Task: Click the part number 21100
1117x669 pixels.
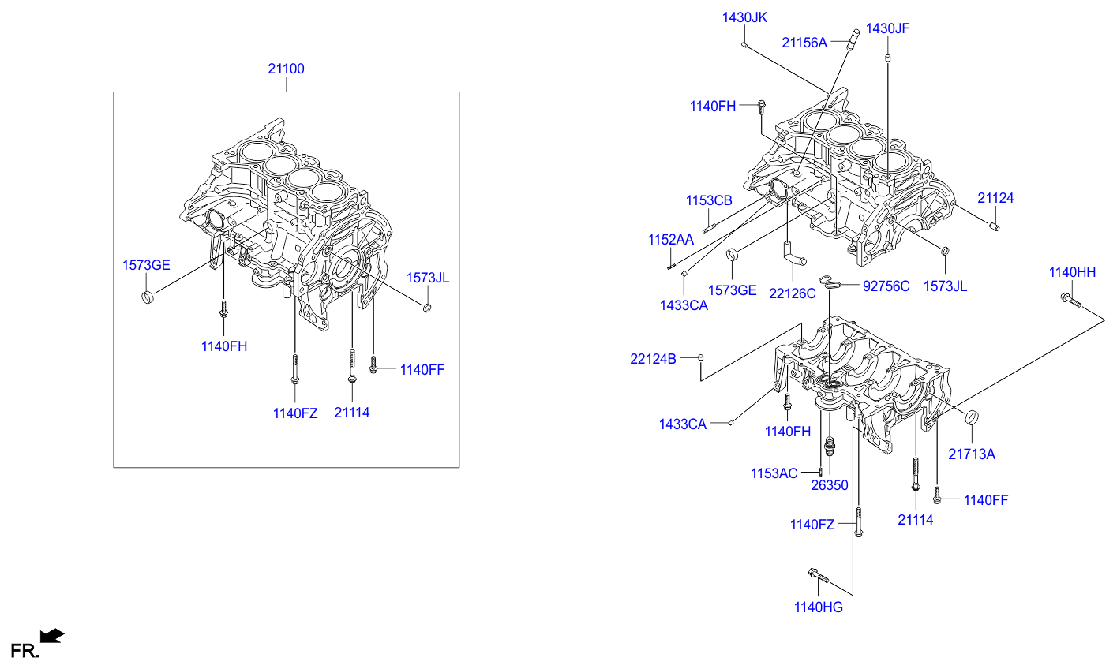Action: [286, 69]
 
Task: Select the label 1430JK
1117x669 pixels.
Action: [744, 17]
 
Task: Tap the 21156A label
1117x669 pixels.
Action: [804, 43]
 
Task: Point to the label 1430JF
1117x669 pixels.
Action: [887, 28]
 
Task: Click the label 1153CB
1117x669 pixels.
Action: [709, 200]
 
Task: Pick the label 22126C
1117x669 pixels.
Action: [792, 293]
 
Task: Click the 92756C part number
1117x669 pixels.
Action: [886, 286]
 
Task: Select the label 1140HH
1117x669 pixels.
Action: [1072, 272]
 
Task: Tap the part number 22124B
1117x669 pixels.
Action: [653, 359]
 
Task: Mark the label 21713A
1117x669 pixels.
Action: [972, 454]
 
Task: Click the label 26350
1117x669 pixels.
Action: [830, 485]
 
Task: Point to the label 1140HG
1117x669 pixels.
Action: [819, 607]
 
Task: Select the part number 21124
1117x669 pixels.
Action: [995, 198]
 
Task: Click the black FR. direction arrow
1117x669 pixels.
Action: [52, 636]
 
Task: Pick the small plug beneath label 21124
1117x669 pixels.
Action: [995, 227]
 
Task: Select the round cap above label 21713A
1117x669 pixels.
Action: [972, 417]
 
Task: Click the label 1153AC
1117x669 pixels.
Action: [774, 473]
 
